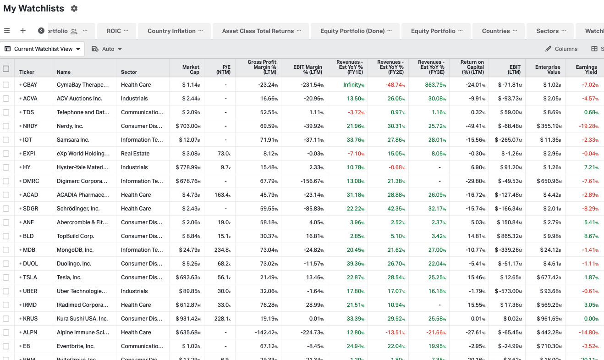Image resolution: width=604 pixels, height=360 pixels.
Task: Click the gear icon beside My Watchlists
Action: point(75,9)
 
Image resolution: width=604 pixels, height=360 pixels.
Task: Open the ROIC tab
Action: point(114,31)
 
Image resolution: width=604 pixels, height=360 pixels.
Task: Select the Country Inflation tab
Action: point(171,31)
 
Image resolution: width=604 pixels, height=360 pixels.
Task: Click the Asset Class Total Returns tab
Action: point(258,31)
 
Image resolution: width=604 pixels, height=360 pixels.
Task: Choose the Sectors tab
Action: point(547,31)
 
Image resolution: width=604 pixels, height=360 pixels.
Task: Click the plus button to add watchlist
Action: point(23,31)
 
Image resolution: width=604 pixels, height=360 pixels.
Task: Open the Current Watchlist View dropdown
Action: point(43,49)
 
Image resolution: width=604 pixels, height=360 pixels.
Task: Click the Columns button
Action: point(561,49)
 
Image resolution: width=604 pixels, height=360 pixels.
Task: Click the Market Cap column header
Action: point(191,69)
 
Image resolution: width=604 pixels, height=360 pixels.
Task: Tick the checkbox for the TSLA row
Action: point(6,277)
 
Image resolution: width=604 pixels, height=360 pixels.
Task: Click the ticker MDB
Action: point(29,250)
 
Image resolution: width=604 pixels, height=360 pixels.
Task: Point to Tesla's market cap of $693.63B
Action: point(188,277)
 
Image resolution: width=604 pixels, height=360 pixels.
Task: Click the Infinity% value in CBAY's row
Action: point(353,85)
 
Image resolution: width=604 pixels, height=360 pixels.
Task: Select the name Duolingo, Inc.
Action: point(74,264)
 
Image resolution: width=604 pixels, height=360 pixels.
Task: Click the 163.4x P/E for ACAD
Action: point(222,195)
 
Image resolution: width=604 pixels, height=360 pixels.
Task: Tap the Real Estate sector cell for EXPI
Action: point(135,154)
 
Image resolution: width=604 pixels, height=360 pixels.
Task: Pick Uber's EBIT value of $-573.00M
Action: point(508,291)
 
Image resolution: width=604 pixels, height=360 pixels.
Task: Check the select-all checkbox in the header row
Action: point(6,69)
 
